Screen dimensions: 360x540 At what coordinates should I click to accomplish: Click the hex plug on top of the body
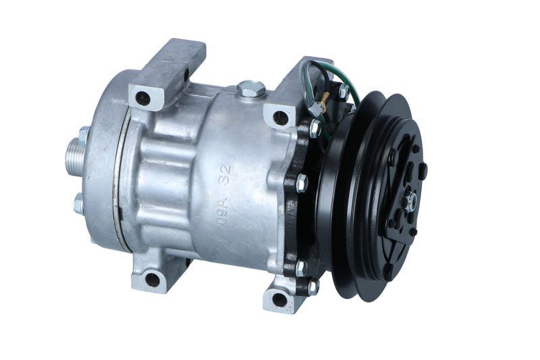(251, 88)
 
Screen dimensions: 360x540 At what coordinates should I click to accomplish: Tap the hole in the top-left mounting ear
(143, 99)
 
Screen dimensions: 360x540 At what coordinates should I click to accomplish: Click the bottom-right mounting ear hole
(279, 299)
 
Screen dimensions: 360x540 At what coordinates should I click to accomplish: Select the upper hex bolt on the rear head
(84, 135)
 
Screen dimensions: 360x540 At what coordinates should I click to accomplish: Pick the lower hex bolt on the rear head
(79, 203)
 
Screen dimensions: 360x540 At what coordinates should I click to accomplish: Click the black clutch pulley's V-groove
(351, 196)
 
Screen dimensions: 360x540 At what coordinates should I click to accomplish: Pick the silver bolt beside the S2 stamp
(301, 182)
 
